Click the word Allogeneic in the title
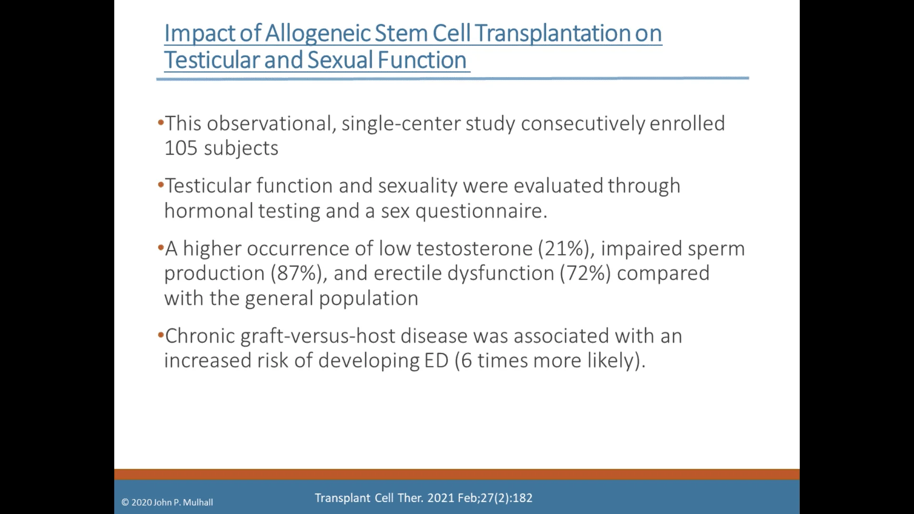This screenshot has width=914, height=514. click(318, 33)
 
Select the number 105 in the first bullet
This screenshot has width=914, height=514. click(180, 148)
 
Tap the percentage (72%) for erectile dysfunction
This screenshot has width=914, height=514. click(585, 274)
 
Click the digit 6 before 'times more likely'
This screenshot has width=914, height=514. click(467, 361)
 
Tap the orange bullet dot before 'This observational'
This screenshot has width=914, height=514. click(160, 122)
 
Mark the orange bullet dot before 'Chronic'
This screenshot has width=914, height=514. click(160, 335)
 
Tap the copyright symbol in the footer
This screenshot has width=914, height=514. click(125, 503)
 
